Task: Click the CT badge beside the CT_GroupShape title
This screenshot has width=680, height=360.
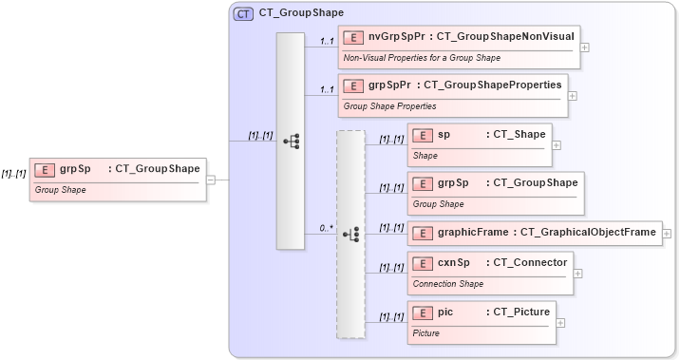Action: pyautogui.click(x=244, y=14)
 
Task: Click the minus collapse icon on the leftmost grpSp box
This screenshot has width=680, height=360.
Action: pyautogui.click(x=211, y=180)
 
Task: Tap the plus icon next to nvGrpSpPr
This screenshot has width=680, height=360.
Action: pyautogui.click(x=585, y=47)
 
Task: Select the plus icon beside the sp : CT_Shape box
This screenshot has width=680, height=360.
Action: pyautogui.click(x=557, y=145)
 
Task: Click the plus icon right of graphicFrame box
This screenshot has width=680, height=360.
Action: pyautogui.click(x=667, y=233)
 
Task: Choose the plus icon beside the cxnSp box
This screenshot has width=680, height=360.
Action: pyautogui.click(x=578, y=273)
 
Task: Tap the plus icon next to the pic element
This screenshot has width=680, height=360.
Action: pyautogui.click(x=560, y=323)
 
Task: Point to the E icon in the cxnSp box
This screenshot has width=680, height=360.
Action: pyautogui.click(x=423, y=262)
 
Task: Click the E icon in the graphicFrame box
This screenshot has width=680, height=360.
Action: pyautogui.click(x=423, y=233)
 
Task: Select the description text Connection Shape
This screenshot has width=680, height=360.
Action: pyautogui.click(x=446, y=284)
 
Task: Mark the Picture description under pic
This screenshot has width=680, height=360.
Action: pyautogui.click(x=426, y=333)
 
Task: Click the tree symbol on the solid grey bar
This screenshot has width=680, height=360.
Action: pyautogui.click(x=292, y=141)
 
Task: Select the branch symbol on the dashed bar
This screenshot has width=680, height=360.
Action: pyautogui.click(x=350, y=234)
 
